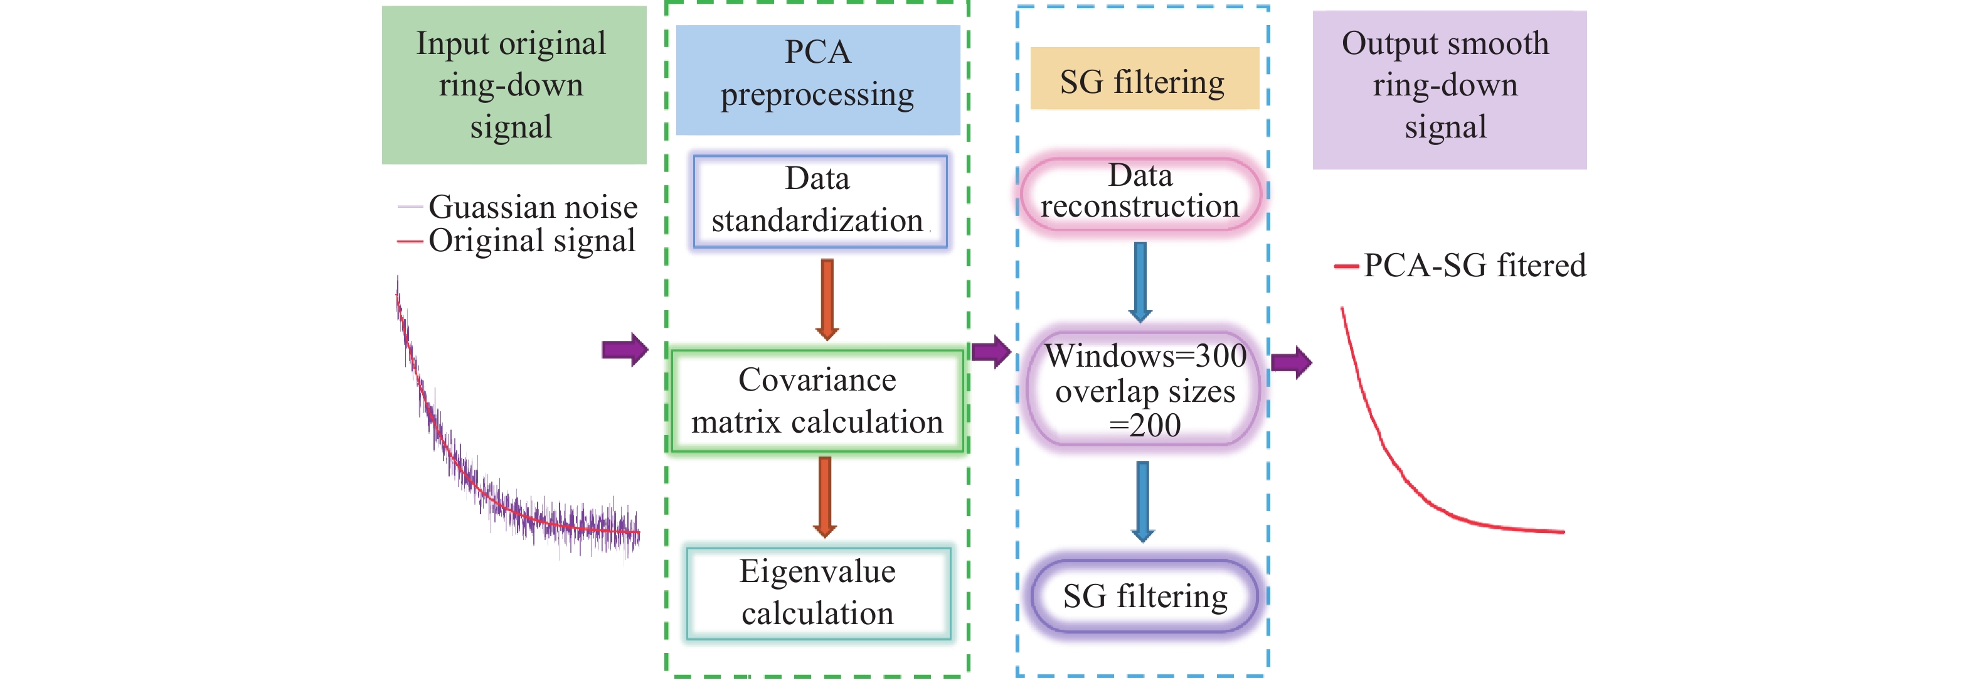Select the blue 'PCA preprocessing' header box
[x=818, y=80]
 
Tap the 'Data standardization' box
[x=819, y=201]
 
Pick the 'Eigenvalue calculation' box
[x=818, y=593]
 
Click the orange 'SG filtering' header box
[x=1144, y=79]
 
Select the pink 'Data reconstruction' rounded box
[x=1140, y=193]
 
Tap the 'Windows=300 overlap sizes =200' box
[x=1144, y=390]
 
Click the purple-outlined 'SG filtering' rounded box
[x=1144, y=596]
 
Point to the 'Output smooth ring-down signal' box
[x=1448, y=89]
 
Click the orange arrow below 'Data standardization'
[x=827, y=300]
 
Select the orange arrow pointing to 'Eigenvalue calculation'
[x=826, y=497]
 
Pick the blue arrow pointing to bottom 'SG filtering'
[x=1142, y=501]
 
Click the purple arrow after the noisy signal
[x=624, y=350]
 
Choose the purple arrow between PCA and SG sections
[x=991, y=352]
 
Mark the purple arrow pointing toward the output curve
[x=1291, y=362]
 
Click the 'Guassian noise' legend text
[x=533, y=207]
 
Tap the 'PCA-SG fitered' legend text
[x=1474, y=266]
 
